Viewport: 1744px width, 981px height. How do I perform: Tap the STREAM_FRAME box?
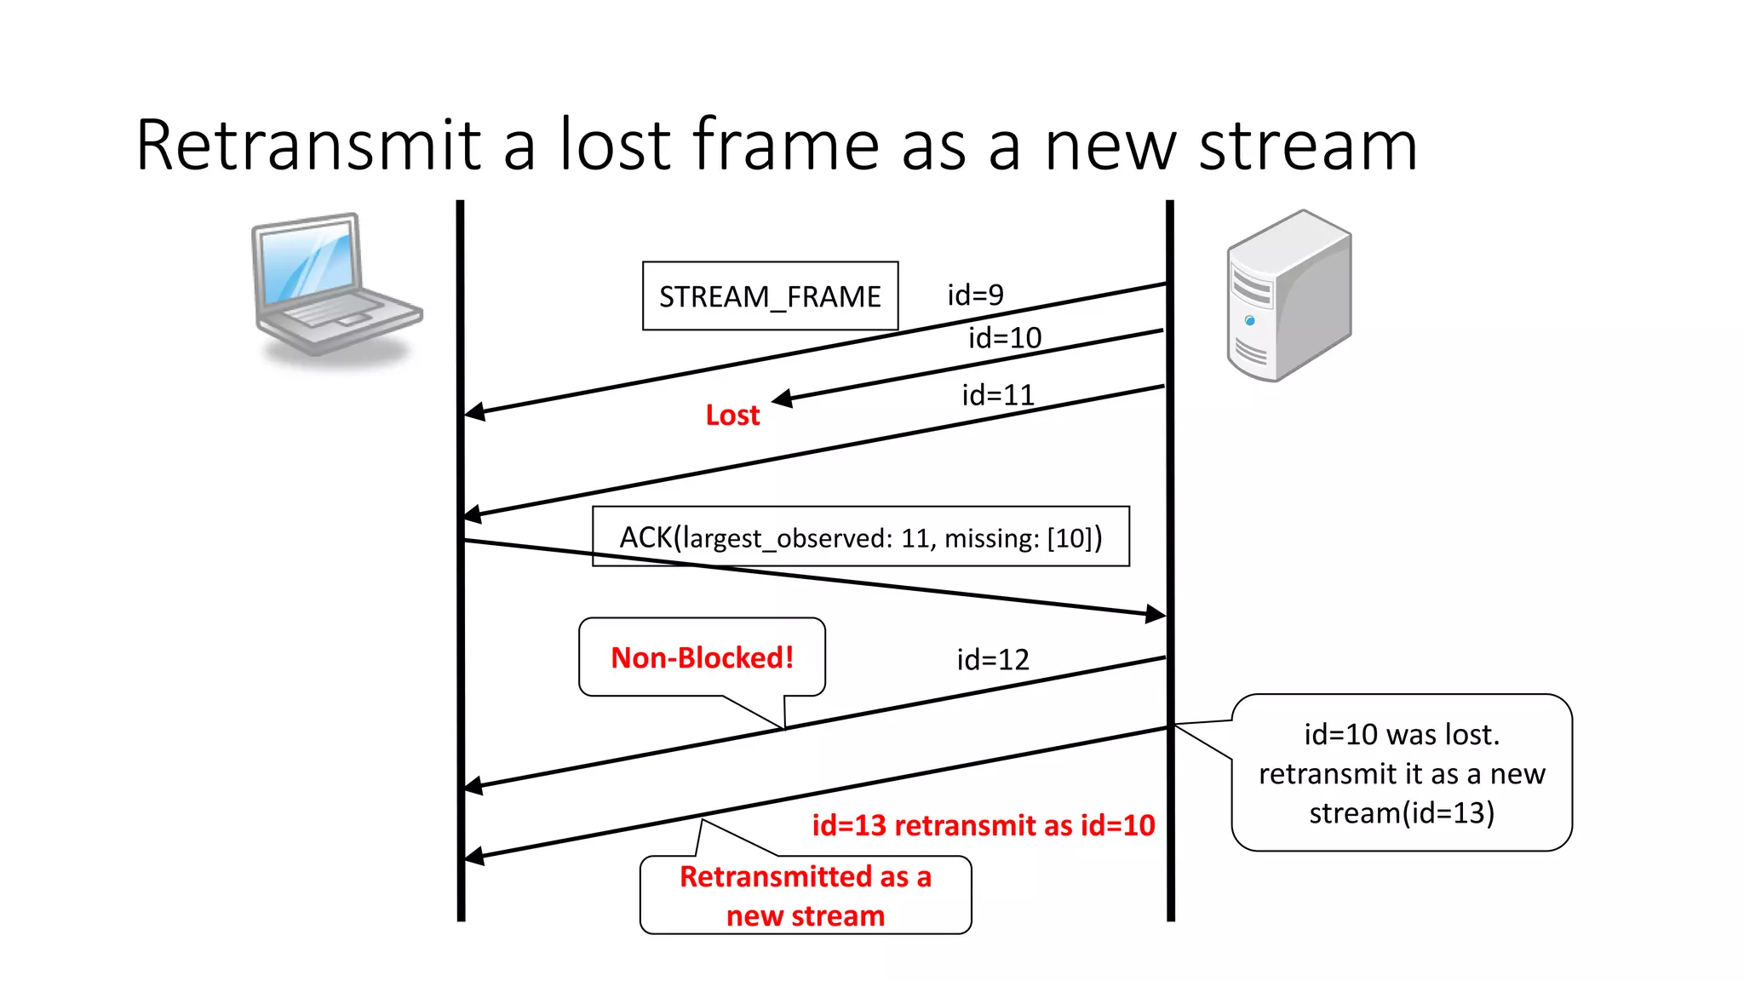(770, 296)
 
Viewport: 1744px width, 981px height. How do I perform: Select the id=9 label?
(975, 295)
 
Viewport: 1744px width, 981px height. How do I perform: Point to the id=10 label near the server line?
(1005, 338)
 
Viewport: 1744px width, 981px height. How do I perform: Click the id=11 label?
(998, 395)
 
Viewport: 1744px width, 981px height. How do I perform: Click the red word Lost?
(732, 415)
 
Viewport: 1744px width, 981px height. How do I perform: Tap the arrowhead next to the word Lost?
(783, 399)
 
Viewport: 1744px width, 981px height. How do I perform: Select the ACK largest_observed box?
(860, 536)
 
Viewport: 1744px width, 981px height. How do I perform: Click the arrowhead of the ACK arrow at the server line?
(1156, 613)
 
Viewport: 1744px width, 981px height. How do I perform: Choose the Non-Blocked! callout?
(702, 657)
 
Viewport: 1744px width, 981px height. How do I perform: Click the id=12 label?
(993, 659)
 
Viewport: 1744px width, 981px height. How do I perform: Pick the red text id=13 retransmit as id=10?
(984, 825)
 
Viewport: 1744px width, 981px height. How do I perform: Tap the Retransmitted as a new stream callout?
(805, 895)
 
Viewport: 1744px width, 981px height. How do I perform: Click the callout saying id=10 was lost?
(1402, 772)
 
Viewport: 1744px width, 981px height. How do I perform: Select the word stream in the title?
(1308, 146)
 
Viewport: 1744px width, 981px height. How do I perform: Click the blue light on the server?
(1249, 320)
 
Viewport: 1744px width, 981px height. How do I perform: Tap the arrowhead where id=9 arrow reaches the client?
(474, 412)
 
